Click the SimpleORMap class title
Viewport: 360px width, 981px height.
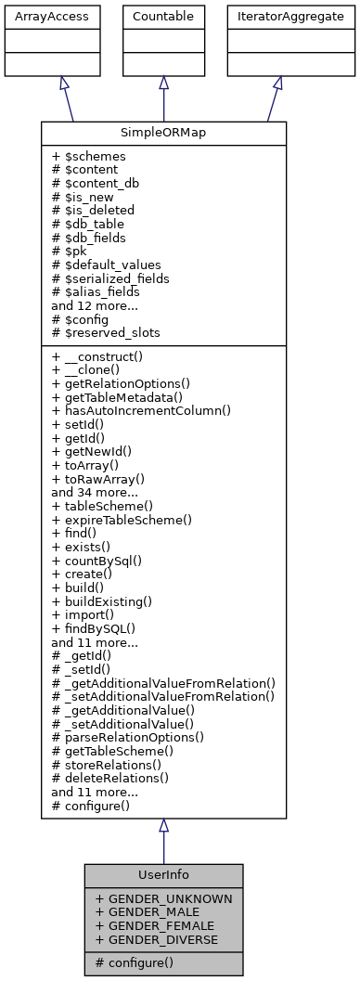click(x=163, y=132)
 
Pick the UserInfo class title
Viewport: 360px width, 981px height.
click(x=163, y=874)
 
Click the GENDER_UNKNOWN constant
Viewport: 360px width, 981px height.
click(x=163, y=898)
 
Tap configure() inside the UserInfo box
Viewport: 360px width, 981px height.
click(x=139, y=963)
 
